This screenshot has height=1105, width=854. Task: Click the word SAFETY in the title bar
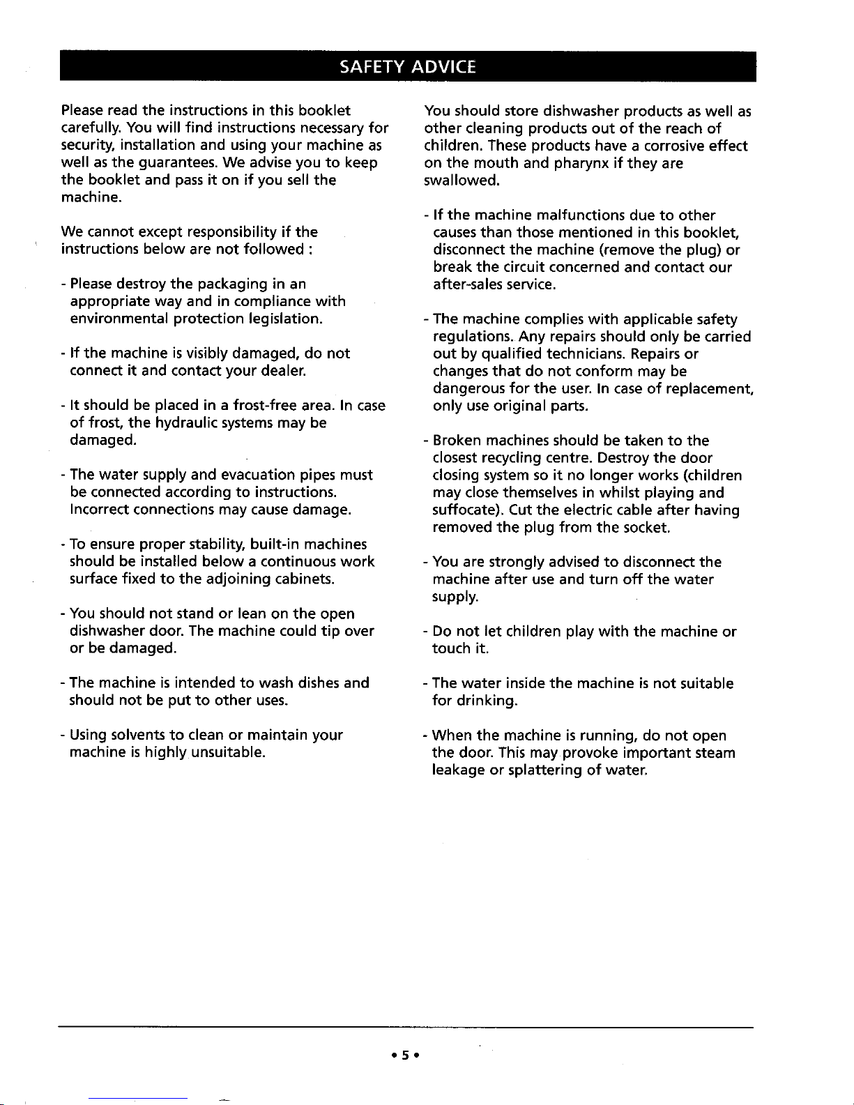(373, 66)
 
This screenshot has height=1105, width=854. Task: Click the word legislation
(285, 319)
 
